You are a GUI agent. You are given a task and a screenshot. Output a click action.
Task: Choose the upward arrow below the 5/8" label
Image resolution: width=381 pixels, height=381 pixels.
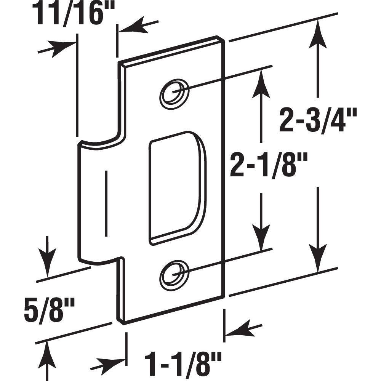tap(47, 354)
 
